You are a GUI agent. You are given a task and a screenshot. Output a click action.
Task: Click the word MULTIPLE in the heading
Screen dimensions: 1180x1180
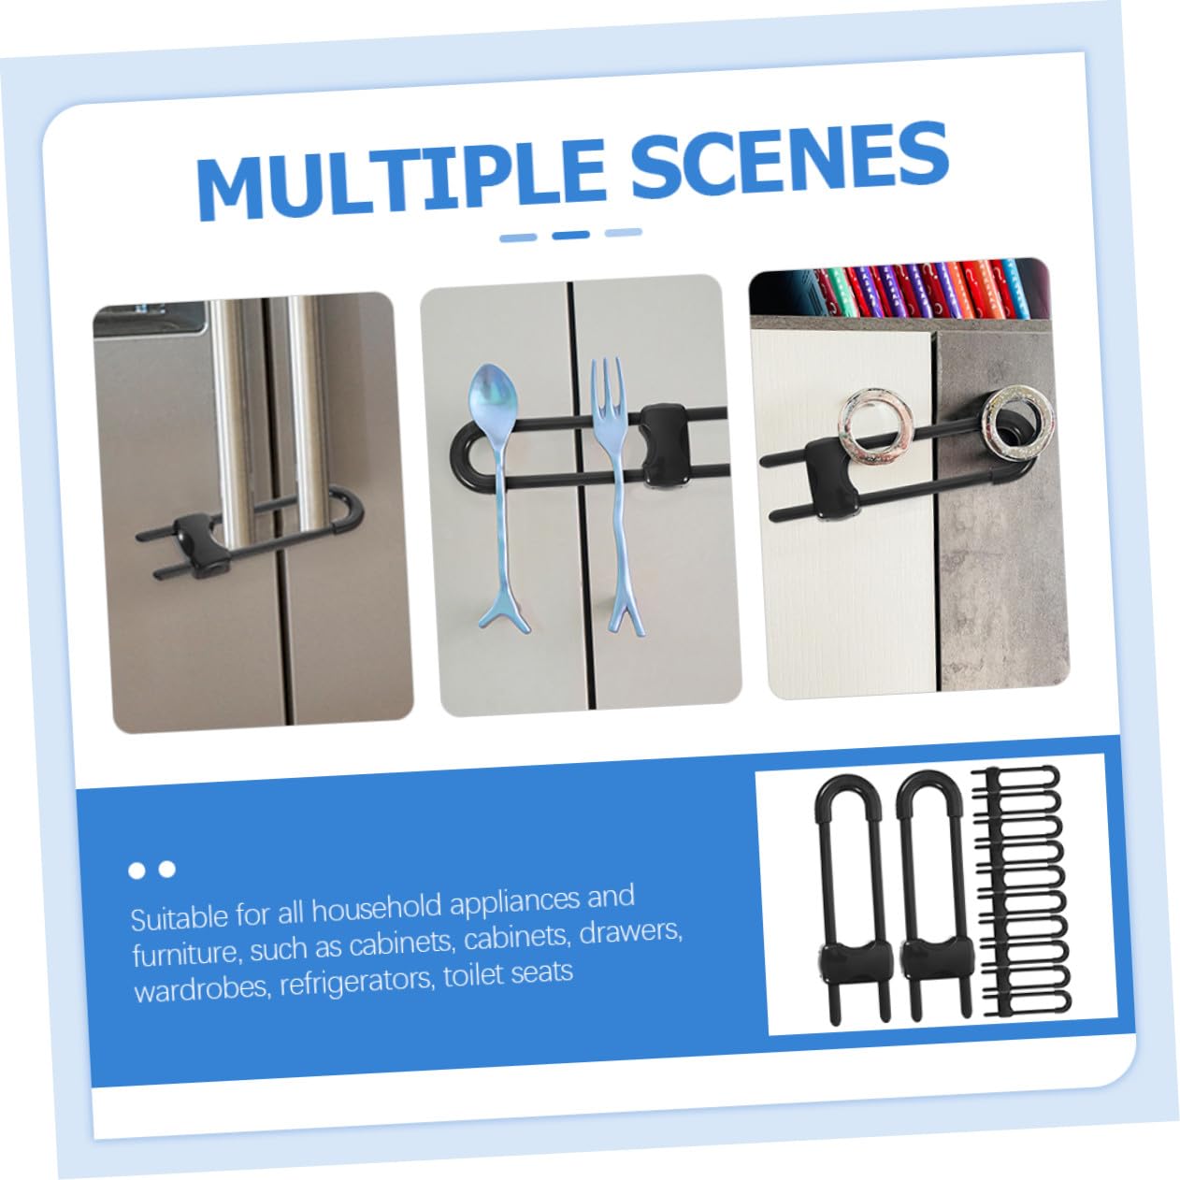[x=401, y=177]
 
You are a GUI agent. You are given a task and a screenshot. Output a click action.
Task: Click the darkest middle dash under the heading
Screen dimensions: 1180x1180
[x=570, y=235]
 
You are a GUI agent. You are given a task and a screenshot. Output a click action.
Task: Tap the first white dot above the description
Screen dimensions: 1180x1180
[x=137, y=871]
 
